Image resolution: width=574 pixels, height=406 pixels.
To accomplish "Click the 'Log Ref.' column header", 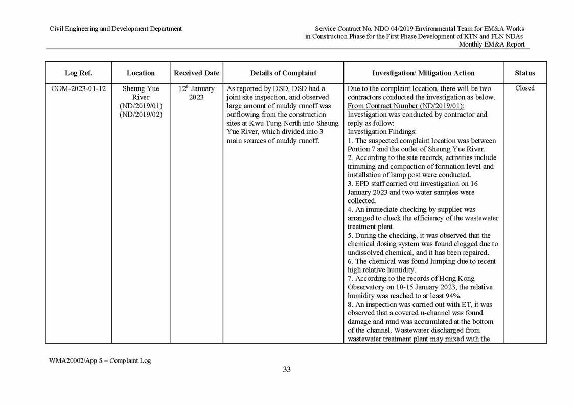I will pos(79,73).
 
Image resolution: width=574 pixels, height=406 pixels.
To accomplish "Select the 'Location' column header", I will pos(141,73).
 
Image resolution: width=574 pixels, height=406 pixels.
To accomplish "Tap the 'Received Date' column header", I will pos(196,73).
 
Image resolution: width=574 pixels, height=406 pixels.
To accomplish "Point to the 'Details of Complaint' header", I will pos(283,73).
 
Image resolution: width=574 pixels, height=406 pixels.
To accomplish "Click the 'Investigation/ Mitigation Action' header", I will pos(423,73).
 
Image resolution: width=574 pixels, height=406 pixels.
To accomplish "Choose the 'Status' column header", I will pos(525,73).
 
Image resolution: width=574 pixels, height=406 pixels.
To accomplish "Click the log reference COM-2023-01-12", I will pos(79,88).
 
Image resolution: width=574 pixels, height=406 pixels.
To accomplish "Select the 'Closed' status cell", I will pos(525,88).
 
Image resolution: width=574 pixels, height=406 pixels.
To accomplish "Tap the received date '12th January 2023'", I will pos(196,93).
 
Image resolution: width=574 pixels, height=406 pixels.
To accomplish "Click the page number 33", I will pos(287,370).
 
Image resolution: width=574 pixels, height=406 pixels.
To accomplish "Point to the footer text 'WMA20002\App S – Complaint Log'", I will pos(100,360).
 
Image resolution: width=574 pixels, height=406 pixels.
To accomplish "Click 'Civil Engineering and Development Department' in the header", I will pos(116,29).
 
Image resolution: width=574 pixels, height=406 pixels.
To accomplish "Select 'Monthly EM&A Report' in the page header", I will pos(492,44).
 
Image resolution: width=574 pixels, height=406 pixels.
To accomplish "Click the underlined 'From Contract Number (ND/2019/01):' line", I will pos(405,106).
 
